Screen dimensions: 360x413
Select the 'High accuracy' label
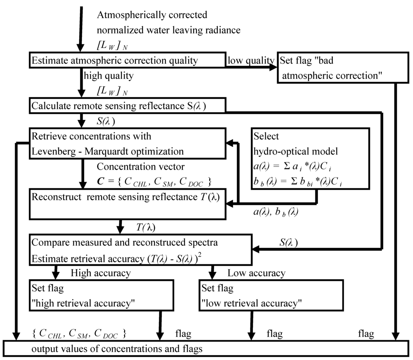click(x=100, y=273)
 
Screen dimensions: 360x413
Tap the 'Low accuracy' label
click(x=256, y=273)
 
